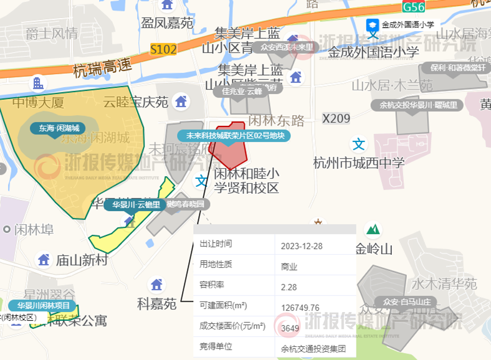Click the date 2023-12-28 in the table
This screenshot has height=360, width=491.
[302, 245]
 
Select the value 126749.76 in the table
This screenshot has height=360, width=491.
[300, 307]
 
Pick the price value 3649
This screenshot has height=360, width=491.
[290, 328]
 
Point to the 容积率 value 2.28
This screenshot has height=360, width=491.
[289, 287]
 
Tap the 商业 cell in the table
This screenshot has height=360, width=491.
[289, 266]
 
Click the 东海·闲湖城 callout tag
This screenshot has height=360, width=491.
[58, 129]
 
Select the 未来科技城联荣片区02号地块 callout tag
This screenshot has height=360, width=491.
[233, 135]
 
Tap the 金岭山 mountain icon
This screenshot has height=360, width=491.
[373, 230]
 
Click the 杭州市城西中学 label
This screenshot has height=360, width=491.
[359, 163]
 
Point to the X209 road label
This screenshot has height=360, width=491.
[336, 118]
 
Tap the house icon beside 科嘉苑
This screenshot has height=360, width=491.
[156, 285]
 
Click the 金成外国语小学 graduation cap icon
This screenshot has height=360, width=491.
[373, 26]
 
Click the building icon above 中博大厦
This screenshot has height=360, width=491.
[38, 83]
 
